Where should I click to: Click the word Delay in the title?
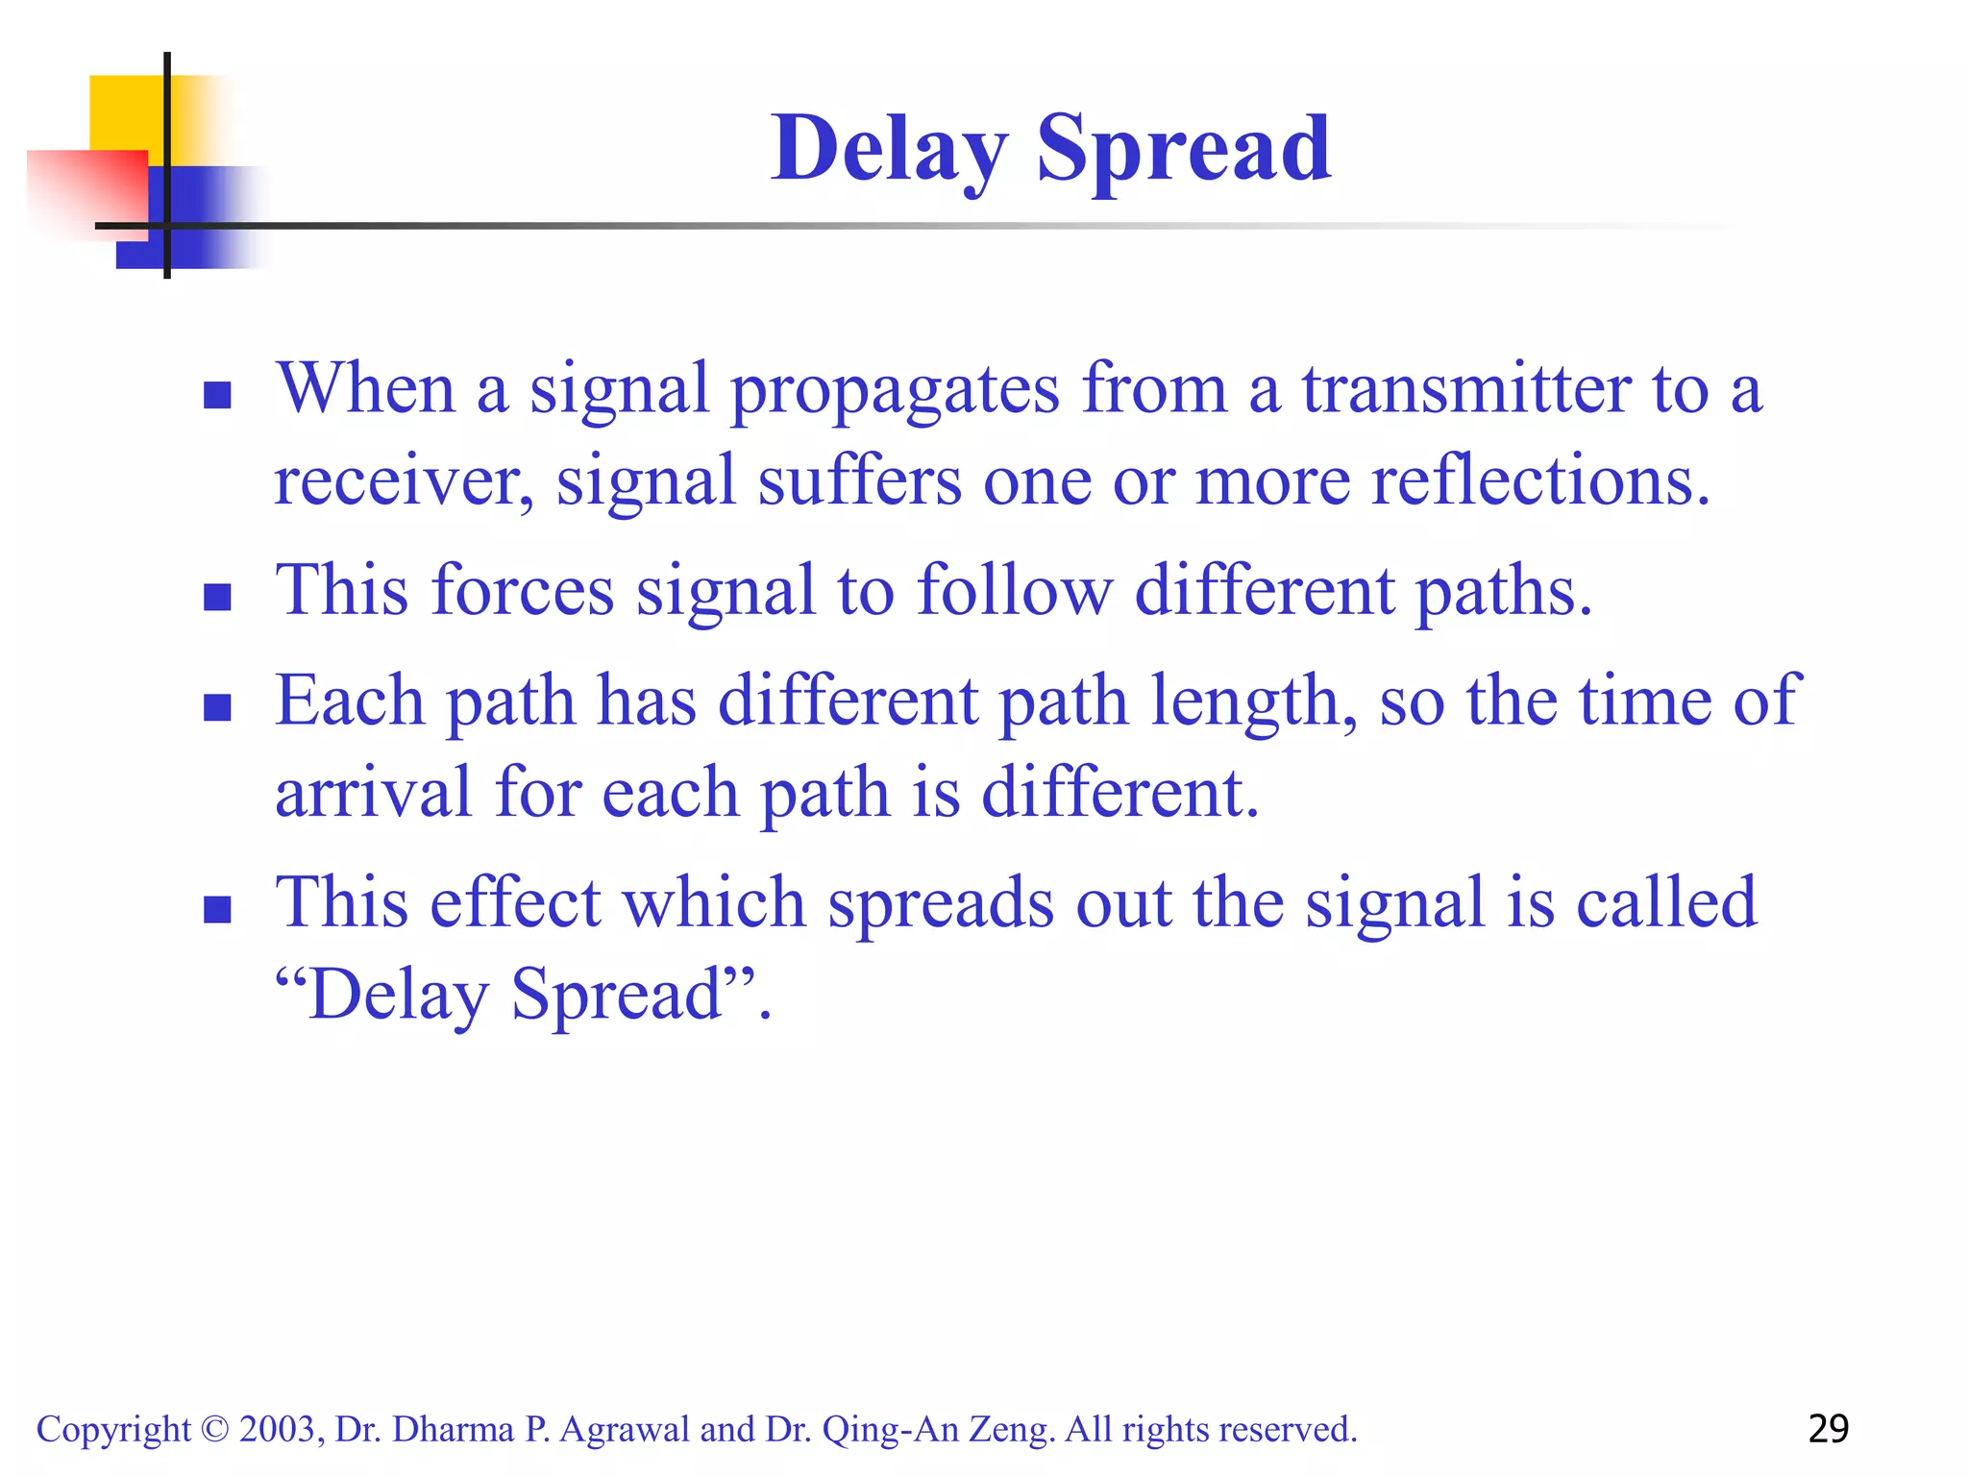pos(889,149)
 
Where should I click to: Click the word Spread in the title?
pos(1184,149)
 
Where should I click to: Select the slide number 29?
pos(1828,1429)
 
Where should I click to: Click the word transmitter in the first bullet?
pos(1465,389)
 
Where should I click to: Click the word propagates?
pos(895,389)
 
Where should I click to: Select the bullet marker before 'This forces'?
pos(218,597)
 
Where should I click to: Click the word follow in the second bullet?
pos(1015,590)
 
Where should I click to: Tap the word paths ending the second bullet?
pos(1503,590)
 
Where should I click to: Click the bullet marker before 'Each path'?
pos(218,707)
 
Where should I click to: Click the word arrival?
pos(374,794)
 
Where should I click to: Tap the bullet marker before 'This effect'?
pos(218,909)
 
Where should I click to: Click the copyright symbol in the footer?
pos(215,1430)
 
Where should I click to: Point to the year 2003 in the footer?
pos(280,1430)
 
